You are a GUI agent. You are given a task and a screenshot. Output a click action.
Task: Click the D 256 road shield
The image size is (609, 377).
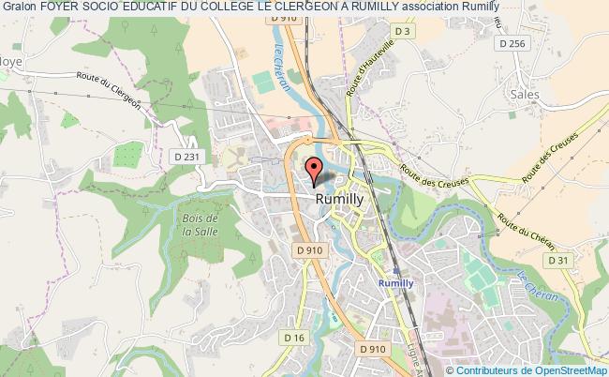pos(513,43)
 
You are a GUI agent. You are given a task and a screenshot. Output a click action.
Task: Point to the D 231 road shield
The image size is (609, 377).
pos(213,158)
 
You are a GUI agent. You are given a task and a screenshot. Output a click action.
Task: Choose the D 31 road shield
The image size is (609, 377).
pos(557,260)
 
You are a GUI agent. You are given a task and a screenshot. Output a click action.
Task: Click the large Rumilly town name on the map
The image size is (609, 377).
pos(339,199)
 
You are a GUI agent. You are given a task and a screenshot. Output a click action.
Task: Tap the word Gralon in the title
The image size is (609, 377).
pos(18,7)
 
